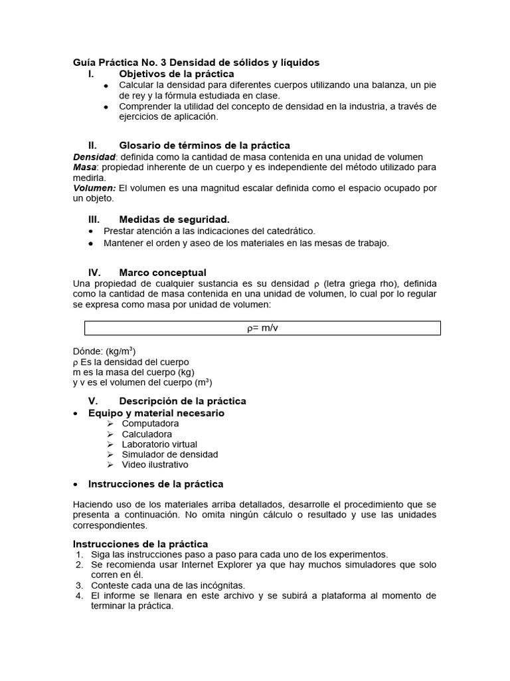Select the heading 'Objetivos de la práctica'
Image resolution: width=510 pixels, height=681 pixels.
point(176,74)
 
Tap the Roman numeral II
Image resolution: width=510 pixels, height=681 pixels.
point(93,146)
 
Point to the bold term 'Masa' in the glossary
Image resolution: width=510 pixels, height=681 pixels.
point(84,167)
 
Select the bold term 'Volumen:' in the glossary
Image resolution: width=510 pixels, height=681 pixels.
point(94,188)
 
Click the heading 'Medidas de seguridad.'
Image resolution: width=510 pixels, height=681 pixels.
point(174,219)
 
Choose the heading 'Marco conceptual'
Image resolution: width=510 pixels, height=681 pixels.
point(162,273)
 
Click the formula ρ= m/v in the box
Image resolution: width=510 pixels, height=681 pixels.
point(262,329)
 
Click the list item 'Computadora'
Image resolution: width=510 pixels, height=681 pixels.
point(150,424)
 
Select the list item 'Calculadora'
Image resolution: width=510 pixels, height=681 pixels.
point(147,434)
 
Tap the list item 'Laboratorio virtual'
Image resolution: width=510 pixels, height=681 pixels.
point(159,444)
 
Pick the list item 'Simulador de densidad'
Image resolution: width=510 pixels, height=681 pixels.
point(169,455)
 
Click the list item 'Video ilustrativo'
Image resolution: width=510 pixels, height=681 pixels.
point(155,465)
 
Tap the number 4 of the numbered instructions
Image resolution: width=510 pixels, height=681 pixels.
point(78,596)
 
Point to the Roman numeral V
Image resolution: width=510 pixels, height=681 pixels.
point(93,401)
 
